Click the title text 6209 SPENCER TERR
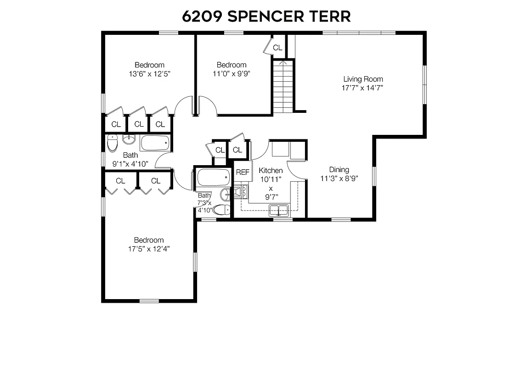266,16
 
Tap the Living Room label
363,79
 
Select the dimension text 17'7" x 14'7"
362,88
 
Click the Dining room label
339,170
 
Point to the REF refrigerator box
243,172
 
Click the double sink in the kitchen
278,211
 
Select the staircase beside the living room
283,87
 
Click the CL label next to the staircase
277,47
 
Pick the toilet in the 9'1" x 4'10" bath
112,143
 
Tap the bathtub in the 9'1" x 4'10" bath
155,143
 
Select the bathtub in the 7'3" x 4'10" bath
213,177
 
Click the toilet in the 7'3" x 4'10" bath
221,210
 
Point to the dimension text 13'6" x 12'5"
149,74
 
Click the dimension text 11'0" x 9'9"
232,73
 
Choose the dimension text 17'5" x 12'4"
149,249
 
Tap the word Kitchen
271,171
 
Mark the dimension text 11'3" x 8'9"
339,178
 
